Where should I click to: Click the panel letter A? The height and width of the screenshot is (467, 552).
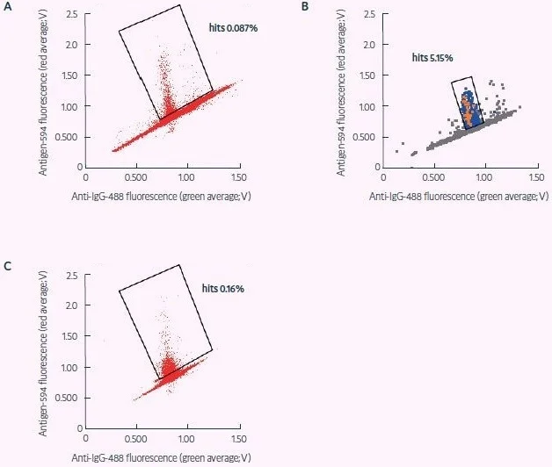click(9, 8)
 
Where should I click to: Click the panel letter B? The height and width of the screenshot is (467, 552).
click(304, 8)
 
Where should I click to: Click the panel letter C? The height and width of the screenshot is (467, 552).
click(9, 265)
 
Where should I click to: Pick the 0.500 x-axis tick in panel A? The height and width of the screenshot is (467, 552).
click(136, 176)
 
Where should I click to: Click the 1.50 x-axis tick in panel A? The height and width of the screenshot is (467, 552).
click(236, 176)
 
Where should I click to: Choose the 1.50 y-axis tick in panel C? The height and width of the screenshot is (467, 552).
click(72, 335)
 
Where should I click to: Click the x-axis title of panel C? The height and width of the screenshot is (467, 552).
click(162, 456)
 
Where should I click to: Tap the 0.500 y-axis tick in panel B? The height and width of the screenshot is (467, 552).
click(366, 136)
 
